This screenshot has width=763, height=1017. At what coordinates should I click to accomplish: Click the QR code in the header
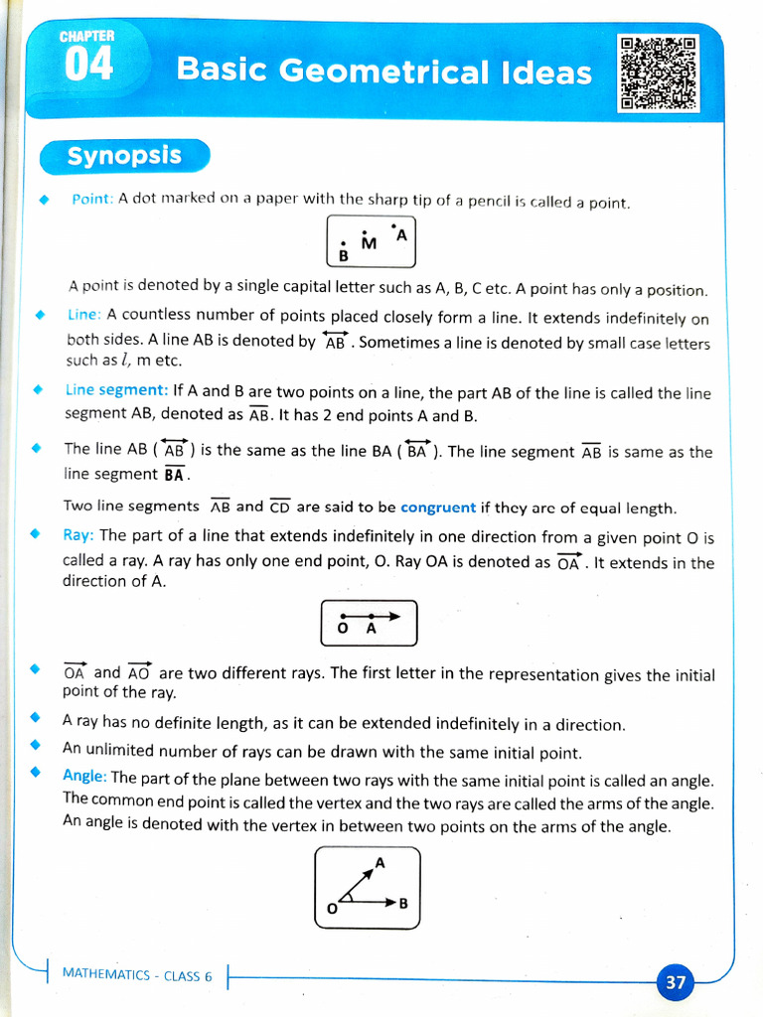click(x=659, y=73)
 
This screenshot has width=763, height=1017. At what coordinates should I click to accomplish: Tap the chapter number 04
click(x=88, y=66)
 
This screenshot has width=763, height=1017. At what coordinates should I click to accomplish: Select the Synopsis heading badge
click(x=124, y=156)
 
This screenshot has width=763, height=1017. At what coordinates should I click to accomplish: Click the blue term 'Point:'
click(x=92, y=200)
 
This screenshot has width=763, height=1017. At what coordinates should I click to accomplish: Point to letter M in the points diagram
click(x=369, y=244)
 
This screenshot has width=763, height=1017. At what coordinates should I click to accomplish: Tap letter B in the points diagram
click(x=344, y=255)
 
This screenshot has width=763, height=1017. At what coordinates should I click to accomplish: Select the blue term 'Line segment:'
click(x=116, y=391)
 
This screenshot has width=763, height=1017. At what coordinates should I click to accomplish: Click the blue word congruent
click(x=438, y=508)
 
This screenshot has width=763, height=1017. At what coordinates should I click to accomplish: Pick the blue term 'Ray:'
click(x=78, y=535)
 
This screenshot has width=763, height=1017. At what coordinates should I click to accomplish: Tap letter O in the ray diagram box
click(x=343, y=629)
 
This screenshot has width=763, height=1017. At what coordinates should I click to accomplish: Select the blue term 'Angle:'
click(x=84, y=776)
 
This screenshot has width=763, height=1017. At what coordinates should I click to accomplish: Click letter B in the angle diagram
click(x=403, y=904)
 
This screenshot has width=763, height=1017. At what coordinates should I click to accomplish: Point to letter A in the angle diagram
click(x=380, y=863)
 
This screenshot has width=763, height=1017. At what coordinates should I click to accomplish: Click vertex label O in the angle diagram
click(x=332, y=908)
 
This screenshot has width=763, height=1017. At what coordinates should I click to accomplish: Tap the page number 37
click(x=676, y=982)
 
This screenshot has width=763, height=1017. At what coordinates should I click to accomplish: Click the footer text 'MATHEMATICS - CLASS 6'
click(x=137, y=975)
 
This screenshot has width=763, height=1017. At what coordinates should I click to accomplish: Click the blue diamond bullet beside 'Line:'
click(x=40, y=315)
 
